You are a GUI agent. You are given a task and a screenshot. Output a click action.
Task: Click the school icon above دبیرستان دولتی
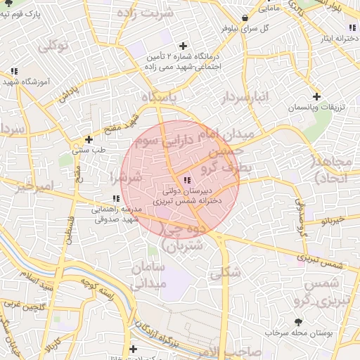(186, 181)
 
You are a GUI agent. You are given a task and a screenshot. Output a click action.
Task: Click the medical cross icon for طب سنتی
(89, 139)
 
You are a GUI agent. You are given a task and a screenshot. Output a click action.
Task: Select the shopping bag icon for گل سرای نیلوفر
(244, 17)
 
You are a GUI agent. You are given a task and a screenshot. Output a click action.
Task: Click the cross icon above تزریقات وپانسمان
(316, 96)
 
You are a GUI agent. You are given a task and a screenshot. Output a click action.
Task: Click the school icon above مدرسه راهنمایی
(116, 199)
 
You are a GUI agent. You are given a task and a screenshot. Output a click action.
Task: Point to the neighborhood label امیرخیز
(34, 188)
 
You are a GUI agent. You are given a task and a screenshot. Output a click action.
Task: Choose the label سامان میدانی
(148, 276)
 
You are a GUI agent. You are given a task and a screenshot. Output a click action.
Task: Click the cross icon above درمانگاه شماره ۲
(183, 46)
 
